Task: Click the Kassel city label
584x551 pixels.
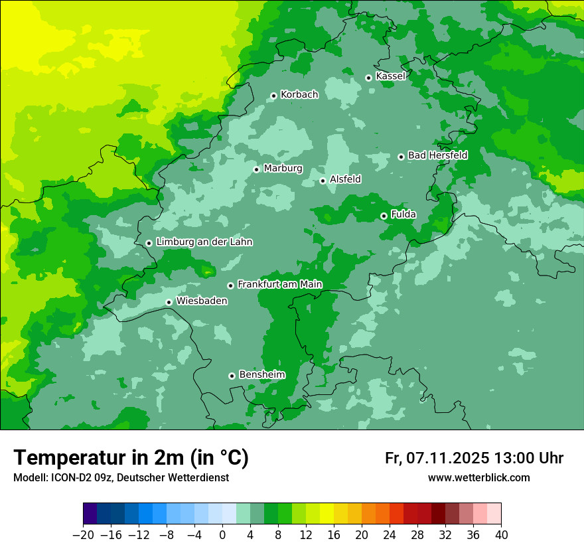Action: coord(390,76)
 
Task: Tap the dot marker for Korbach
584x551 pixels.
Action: coord(273,96)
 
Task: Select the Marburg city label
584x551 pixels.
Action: coord(283,169)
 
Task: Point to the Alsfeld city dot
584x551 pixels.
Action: coord(323,181)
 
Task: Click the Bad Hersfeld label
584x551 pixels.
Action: coord(437,155)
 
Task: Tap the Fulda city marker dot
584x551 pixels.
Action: coord(384,216)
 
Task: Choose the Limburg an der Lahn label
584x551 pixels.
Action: coord(204,242)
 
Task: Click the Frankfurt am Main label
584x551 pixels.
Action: coord(279,284)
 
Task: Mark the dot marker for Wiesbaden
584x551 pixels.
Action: coord(169,302)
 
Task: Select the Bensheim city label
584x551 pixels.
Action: coord(261,374)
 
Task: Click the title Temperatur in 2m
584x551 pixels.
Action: coord(131,458)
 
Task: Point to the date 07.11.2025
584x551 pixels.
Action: coord(448,458)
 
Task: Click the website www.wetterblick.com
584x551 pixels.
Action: coord(478,478)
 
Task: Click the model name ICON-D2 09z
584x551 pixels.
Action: coord(80,478)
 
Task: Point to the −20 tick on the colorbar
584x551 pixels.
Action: coord(83,534)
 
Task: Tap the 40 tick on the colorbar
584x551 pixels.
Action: coord(501,534)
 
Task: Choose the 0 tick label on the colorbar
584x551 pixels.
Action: coord(222,534)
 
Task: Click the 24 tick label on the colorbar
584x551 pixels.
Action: coord(390,534)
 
